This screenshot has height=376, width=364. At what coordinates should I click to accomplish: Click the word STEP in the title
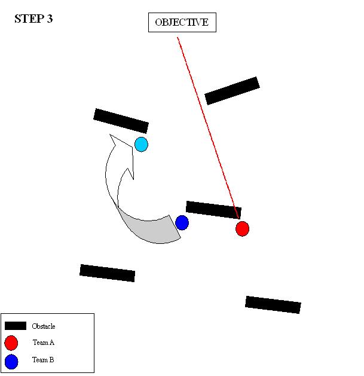point(27,19)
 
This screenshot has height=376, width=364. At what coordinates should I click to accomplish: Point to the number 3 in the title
point(50,19)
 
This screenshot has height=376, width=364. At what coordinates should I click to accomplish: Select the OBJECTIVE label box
point(182,23)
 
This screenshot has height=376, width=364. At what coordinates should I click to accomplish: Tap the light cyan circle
point(141,144)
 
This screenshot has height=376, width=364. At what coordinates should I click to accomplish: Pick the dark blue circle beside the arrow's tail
point(182,223)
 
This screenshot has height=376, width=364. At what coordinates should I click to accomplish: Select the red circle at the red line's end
point(242,228)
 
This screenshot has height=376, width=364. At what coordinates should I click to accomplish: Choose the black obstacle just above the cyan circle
point(121,121)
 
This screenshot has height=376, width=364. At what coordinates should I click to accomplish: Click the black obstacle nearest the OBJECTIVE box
point(232,90)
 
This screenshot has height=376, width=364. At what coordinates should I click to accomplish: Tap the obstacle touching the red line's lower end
point(213,209)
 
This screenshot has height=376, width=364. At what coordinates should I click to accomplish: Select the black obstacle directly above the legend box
point(107,273)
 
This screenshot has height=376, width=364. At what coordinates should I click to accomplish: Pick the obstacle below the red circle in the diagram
point(273,304)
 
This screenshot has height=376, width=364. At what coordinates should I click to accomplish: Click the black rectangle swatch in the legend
point(16,326)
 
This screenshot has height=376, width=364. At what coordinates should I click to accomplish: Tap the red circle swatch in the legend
point(11,343)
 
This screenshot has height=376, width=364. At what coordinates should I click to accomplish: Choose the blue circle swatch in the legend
point(11,360)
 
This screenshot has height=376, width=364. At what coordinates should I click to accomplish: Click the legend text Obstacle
point(44,326)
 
